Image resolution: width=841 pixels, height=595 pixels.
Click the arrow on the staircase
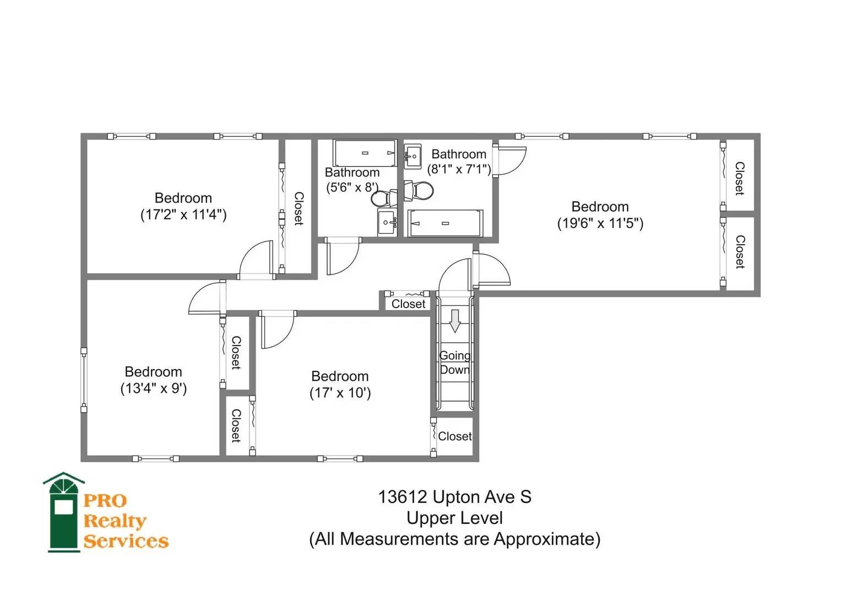pyautogui.click(x=455, y=321)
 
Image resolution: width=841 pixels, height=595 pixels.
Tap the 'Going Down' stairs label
pyautogui.click(x=455, y=363)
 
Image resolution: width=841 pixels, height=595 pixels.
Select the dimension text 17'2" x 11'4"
pyautogui.click(x=183, y=215)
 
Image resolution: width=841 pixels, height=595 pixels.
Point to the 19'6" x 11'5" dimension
pyautogui.click(x=600, y=224)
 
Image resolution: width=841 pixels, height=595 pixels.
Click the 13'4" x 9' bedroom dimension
pyautogui.click(x=153, y=388)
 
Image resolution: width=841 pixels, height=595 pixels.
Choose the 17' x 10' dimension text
pyautogui.click(x=340, y=393)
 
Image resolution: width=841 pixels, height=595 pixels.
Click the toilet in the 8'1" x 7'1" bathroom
pyautogui.click(x=419, y=191)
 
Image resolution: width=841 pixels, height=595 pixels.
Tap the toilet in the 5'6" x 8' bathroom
pyautogui.click(x=384, y=198)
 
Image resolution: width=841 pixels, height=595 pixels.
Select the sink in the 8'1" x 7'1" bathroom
pyautogui.click(x=413, y=156)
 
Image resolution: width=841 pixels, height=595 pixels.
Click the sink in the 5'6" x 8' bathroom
pyautogui.click(x=387, y=223)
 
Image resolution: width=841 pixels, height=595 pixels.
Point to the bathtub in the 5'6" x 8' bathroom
pyautogui.click(x=365, y=153)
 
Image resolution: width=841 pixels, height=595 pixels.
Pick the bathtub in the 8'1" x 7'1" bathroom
pyautogui.click(x=445, y=223)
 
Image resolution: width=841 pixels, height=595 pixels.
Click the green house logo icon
pyautogui.click(x=64, y=512)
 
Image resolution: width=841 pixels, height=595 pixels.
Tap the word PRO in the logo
pyautogui.click(x=105, y=501)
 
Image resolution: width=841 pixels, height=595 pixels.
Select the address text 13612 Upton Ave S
pyautogui.click(x=455, y=497)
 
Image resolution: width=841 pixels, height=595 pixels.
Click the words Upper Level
pyautogui.click(x=455, y=518)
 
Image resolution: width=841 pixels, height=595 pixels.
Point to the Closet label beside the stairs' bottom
pyautogui.click(x=455, y=436)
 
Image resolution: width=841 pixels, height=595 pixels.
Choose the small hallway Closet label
pyautogui.click(x=409, y=304)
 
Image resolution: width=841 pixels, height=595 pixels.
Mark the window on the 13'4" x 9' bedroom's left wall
pyautogui.click(x=84, y=380)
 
